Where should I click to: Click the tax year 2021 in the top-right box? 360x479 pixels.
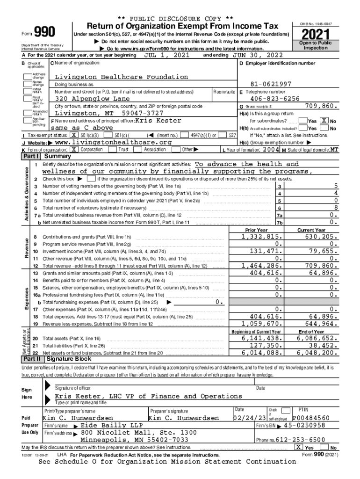(x=317, y=35)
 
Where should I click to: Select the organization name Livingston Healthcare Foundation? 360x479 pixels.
(x=121, y=77)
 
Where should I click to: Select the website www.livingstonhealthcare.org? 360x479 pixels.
(x=114, y=142)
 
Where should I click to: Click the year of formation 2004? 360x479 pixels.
(x=271, y=149)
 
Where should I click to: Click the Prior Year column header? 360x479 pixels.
(x=256, y=230)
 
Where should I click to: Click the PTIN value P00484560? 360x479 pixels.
(x=311, y=418)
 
